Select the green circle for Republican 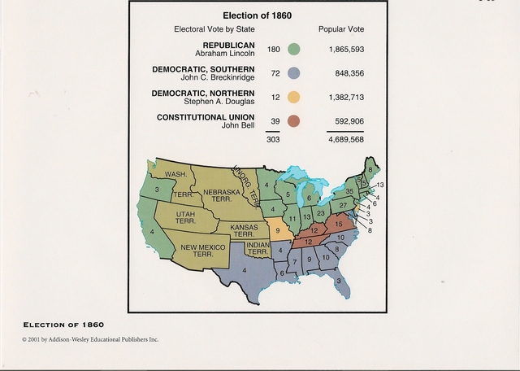click(x=293, y=50)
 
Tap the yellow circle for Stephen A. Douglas click(x=293, y=98)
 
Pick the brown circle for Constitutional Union click(x=293, y=122)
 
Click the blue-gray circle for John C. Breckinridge click(x=293, y=74)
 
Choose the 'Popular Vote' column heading click(x=341, y=30)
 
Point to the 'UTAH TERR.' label click(x=185, y=217)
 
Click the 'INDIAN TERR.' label click(x=258, y=248)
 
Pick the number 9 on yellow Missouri click(x=278, y=230)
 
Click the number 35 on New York click(x=350, y=192)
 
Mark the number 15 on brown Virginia click(x=339, y=223)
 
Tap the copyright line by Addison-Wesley click(x=90, y=338)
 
